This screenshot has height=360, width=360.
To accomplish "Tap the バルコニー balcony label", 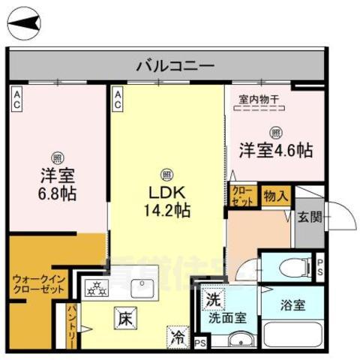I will click(x=166, y=66).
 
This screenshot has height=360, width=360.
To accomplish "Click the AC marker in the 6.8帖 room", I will click(x=16, y=99).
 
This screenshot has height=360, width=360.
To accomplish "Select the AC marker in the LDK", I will click(x=118, y=99).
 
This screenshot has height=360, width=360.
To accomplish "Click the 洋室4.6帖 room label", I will click(x=275, y=148).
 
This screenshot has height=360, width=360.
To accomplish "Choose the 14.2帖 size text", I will click(x=166, y=211).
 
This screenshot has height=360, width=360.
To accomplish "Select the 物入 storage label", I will click(x=275, y=196).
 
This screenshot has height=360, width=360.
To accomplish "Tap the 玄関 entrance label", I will click(x=308, y=217).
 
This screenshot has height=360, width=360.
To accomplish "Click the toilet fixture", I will click(x=292, y=265).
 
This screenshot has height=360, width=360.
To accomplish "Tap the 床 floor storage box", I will click(x=124, y=317).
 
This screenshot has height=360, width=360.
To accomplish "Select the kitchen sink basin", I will click(x=142, y=287).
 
